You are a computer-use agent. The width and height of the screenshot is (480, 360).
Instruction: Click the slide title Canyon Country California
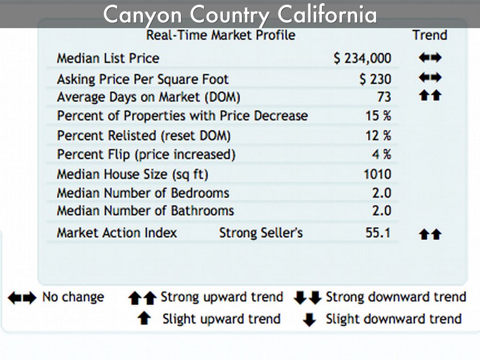tap(240, 15)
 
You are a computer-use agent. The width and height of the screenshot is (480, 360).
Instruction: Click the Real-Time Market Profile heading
tap(221, 35)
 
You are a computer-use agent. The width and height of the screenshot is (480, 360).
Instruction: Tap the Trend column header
tap(429, 35)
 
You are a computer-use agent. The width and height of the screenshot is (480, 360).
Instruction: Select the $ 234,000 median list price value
tap(362, 58)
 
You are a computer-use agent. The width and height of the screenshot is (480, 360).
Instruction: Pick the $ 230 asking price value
tap(375, 79)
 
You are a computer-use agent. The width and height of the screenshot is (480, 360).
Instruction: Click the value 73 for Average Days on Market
tap(383, 97)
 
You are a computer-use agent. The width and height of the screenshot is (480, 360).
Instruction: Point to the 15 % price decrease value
tap(378, 116)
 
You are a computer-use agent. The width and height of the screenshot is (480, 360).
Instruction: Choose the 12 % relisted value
tap(378, 136)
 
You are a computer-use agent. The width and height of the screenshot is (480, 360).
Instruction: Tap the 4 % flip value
tap(382, 154)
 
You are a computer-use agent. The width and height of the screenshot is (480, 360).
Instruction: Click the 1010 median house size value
tap(377, 174)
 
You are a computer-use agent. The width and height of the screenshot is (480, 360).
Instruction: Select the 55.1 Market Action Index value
tap(378, 232)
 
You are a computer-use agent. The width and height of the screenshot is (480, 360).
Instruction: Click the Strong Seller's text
tap(261, 232)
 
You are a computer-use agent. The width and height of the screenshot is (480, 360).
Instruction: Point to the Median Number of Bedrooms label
tap(143, 193)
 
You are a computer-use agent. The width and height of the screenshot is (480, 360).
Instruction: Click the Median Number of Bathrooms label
tap(145, 211)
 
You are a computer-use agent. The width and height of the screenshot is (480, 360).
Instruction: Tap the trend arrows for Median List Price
tap(430, 58)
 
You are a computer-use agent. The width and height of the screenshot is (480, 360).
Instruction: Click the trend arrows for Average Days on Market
tap(430, 96)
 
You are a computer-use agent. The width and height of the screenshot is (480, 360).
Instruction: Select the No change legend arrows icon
tap(22, 298)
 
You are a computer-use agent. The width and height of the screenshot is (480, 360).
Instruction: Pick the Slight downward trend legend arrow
tap(309, 320)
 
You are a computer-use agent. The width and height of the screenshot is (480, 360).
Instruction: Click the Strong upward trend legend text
tap(222, 297)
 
